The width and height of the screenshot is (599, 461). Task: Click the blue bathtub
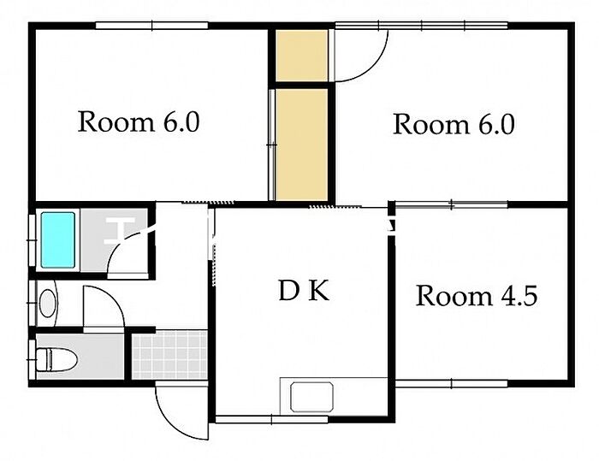tap(57, 239)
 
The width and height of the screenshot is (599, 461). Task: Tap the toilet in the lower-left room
tap(56, 359)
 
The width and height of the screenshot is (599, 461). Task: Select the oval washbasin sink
tap(48, 304)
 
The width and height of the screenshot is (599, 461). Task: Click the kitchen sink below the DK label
tap(311, 397)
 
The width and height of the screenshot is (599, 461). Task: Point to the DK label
tap(304, 291)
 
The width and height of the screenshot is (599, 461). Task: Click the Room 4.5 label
tap(477, 296)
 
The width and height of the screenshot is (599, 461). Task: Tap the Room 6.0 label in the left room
tap(139, 121)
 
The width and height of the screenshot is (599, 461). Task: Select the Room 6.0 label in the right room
tap(454, 124)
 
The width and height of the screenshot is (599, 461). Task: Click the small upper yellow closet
tap(302, 56)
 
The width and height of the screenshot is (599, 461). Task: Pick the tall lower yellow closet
tap(302, 145)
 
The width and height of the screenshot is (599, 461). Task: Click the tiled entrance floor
tap(169, 355)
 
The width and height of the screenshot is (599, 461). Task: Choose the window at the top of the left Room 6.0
tap(151, 26)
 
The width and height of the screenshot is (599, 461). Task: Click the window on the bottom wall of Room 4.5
tap(451, 383)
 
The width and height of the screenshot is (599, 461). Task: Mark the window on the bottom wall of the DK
tap(271, 419)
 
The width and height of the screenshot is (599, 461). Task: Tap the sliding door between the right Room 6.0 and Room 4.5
tap(451, 204)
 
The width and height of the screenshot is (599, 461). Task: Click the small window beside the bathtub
tap(32, 239)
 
